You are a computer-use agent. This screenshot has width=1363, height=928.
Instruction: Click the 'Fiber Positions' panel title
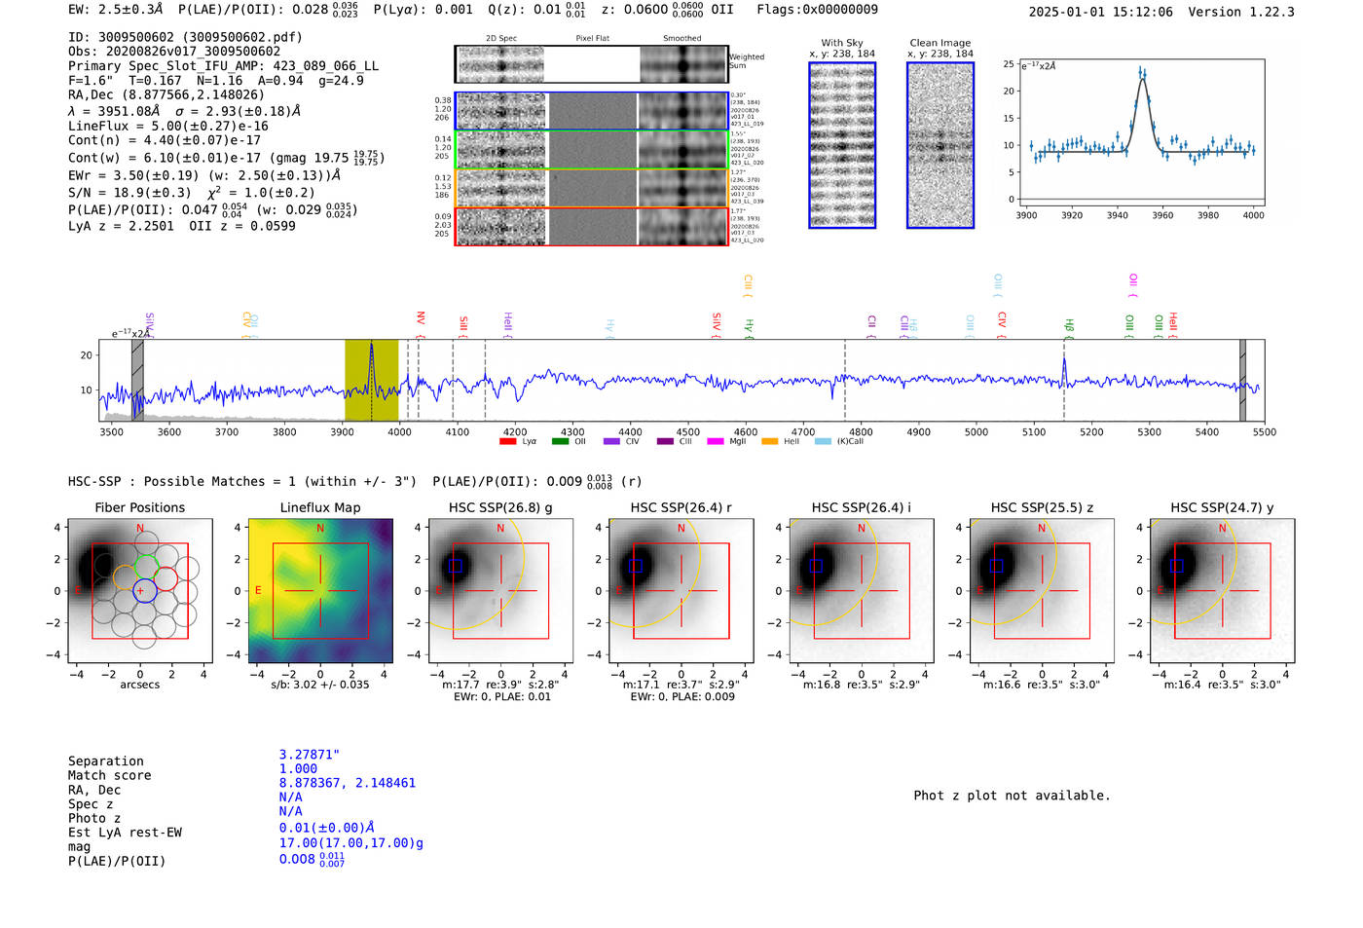click(139, 507)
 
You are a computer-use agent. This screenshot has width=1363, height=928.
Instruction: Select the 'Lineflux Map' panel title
click(319, 507)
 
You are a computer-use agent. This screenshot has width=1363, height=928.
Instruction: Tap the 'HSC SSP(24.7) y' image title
click(1222, 507)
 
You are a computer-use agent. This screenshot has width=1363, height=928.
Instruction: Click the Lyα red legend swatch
click(507, 442)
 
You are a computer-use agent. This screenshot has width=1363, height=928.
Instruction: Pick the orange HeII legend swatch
click(769, 442)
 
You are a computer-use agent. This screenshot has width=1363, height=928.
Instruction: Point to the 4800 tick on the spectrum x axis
click(861, 431)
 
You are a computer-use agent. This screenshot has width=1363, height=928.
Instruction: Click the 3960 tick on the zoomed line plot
click(1162, 215)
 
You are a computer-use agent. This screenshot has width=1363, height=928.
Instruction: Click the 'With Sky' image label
click(842, 43)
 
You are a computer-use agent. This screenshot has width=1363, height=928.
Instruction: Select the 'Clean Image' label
click(939, 43)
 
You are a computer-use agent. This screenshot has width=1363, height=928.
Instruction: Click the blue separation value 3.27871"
click(310, 755)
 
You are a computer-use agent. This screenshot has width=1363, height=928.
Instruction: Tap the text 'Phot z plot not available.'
click(1012, 796)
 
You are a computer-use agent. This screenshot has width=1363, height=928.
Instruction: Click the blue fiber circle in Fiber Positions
click(144, 591)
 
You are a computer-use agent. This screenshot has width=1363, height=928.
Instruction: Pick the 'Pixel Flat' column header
click(592, 39)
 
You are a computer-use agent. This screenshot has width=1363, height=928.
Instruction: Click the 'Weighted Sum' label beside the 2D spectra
click(746, 61)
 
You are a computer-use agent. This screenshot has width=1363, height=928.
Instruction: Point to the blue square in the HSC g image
click(456, 566)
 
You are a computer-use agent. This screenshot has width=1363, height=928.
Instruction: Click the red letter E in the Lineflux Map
click(258, 590)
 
